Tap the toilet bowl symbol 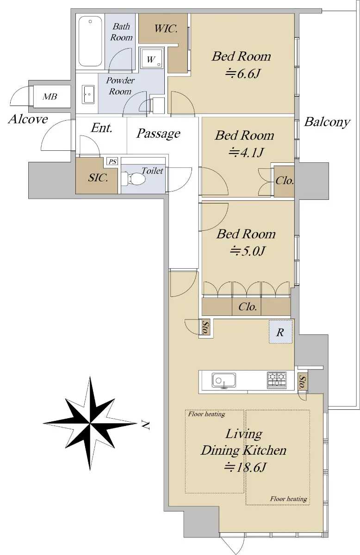133,179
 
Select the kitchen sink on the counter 224,380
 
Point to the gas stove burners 277,380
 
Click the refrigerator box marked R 281,332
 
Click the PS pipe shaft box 112,161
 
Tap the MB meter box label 50,97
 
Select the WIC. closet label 166,29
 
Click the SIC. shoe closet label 98,178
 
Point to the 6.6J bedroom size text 243,74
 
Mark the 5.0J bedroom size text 248,251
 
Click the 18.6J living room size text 245,468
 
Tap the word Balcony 327,122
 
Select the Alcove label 28,119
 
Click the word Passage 158,134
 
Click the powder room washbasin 88,94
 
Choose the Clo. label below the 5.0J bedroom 248,307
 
